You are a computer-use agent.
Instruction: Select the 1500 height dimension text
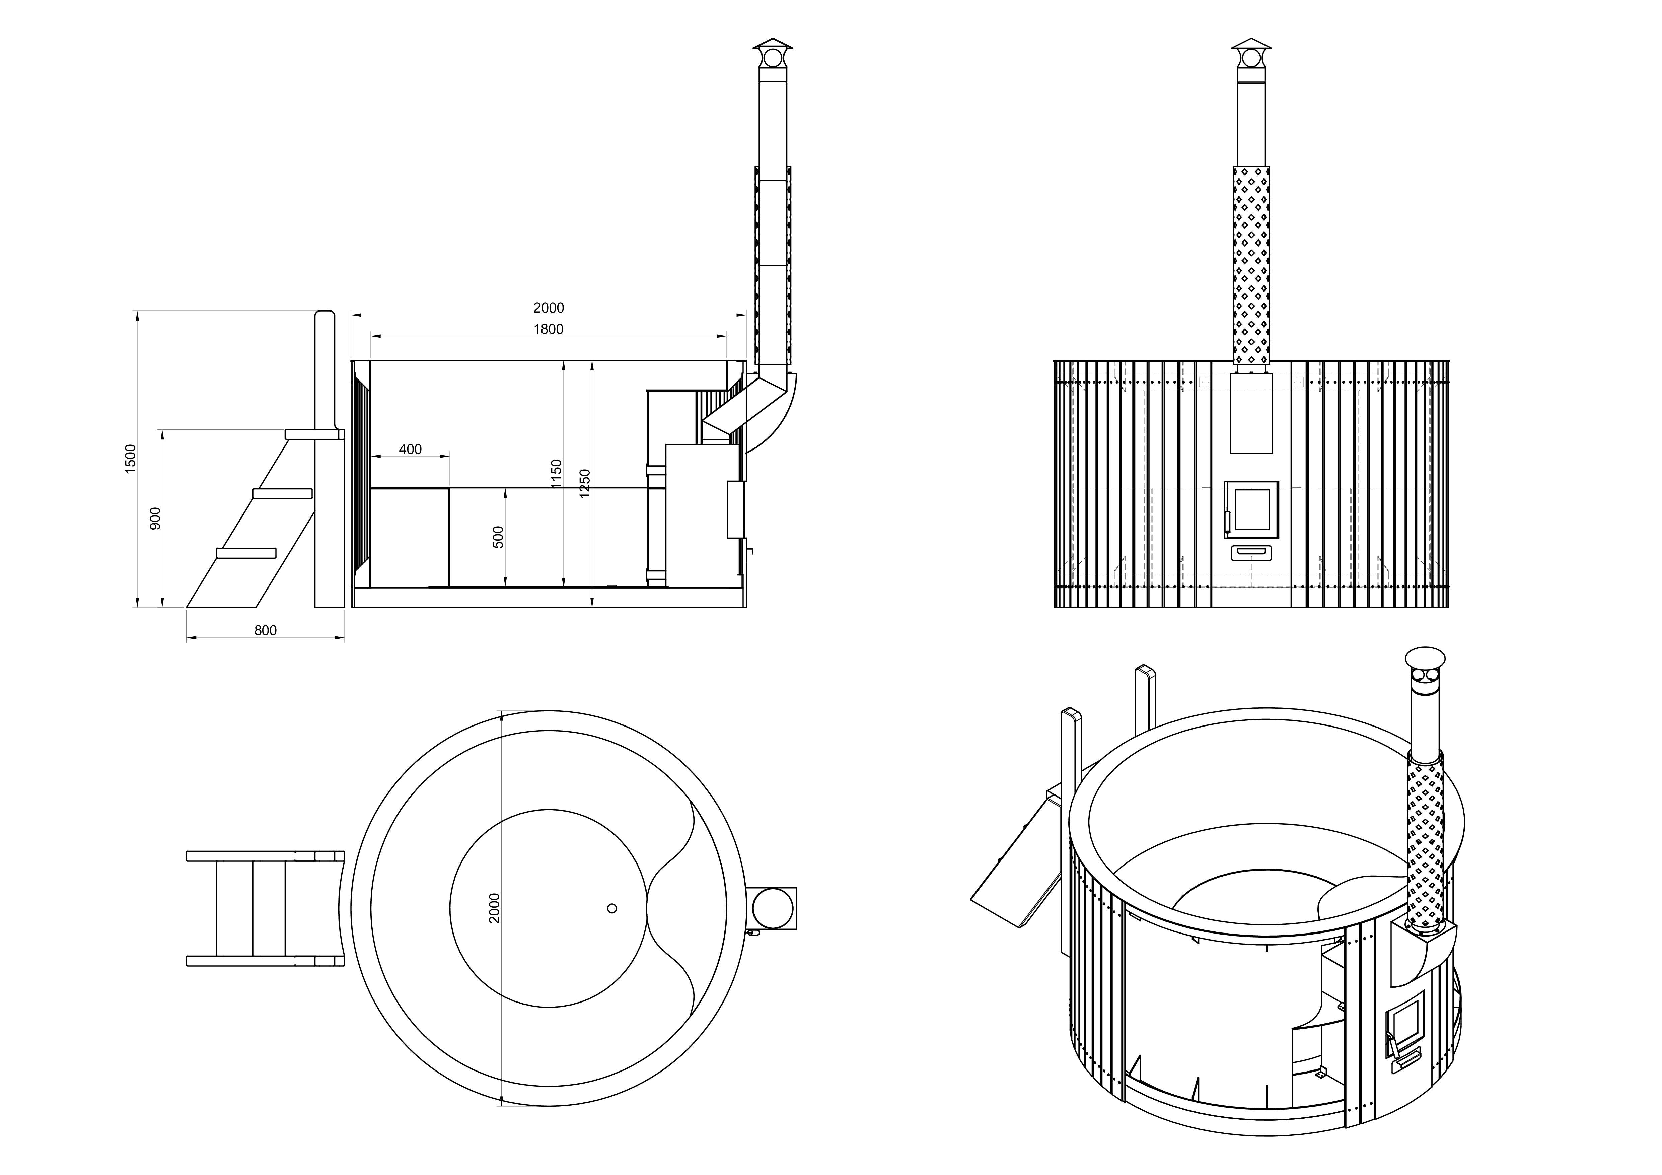tap(130, 459)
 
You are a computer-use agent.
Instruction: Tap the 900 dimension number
tap(155, 519)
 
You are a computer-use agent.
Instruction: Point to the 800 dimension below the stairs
tap(265, 631)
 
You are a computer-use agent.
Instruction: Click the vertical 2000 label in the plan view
tap(494, 908)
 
